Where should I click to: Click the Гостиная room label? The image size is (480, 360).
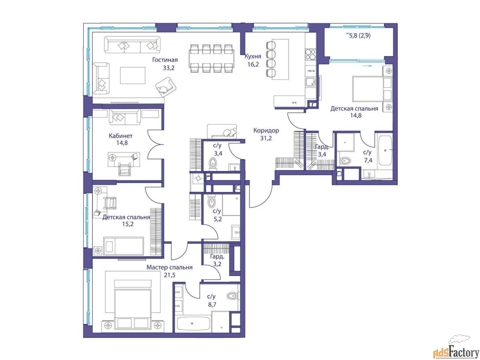[165, 60]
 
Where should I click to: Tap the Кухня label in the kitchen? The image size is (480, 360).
[253, 56]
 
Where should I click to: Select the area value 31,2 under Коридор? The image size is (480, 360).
[266, 138]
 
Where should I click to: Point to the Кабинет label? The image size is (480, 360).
[120, 136]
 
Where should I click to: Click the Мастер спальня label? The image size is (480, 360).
[169, 267]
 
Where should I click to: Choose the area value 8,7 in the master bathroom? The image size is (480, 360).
[212, 304]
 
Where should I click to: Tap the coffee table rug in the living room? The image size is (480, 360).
[132, 75]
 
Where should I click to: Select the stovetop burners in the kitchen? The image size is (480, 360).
[310, 54]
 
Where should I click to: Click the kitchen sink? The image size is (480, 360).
[310, 82]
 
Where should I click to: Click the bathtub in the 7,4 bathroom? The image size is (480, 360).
[385, 150]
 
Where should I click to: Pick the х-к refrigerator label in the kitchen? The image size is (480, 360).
[294, 102]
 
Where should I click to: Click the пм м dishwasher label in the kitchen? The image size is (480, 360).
[311, 71]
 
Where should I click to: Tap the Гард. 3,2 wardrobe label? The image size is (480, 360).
[217, 260]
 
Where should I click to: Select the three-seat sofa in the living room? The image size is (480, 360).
[132, 45]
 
